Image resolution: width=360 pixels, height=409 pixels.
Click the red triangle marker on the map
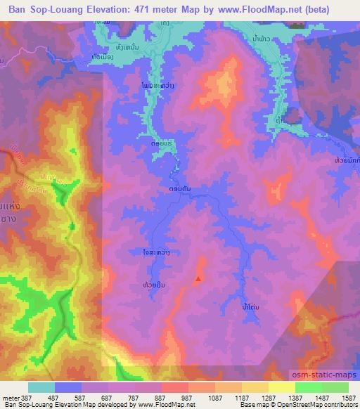pos(198,280)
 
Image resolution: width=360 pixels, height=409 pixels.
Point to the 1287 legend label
pos(268,396)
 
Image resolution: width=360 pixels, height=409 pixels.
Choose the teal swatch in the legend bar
pos(41,387)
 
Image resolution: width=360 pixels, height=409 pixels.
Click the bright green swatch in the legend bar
pos(309,387)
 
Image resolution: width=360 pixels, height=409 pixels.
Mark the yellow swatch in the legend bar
pos(282,387)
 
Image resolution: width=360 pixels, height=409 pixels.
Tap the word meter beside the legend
pos(10,396)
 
